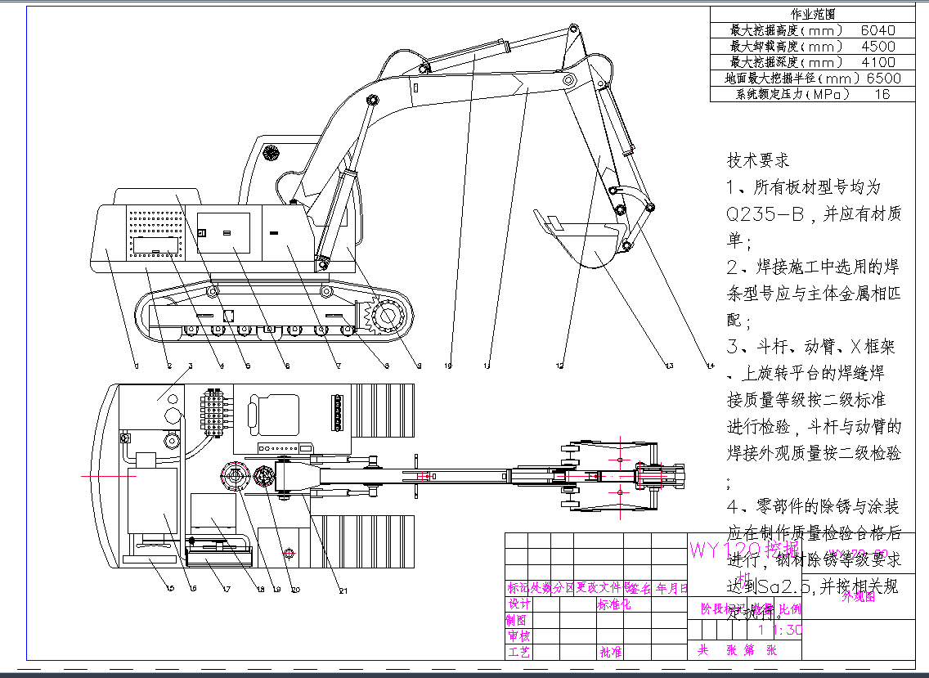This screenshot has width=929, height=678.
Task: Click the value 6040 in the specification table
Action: [878, 30]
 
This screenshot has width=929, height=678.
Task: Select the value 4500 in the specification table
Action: [878, 46]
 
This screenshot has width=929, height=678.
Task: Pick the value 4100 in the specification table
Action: [878, 62]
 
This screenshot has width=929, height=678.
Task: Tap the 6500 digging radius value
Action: [883, 79]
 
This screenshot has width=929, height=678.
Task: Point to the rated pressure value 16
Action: [882, 94]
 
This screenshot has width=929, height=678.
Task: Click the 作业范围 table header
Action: [813, 15]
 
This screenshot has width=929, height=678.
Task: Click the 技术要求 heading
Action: [758, 161]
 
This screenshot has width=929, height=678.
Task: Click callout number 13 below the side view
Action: [669, 366]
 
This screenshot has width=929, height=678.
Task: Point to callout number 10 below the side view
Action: [448, 366]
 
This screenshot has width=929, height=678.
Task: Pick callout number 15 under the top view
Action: [170, 589]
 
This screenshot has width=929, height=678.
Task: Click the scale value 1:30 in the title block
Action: [781, 630]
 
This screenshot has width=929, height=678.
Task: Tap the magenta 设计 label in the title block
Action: [518, 604]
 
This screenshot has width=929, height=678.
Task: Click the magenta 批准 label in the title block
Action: [610, 652]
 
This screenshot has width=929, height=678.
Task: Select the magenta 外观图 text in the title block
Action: [859, 597]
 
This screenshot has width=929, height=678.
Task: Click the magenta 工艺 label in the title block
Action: [518, 652]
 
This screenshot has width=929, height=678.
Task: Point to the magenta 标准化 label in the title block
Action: [614, 605]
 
